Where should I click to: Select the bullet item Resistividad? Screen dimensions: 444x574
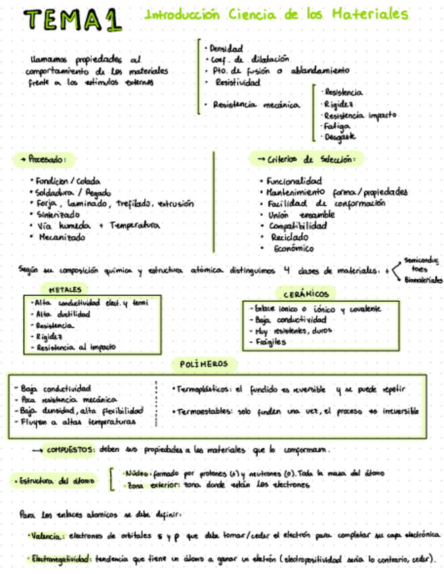[237, 82]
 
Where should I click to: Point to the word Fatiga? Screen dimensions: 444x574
[337, 126]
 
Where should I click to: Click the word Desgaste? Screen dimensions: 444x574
[340, 137]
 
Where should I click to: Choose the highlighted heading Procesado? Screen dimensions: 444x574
[45, 160]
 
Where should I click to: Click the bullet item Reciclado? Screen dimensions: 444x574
[288, 237]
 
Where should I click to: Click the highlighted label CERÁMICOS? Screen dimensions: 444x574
[305, 294]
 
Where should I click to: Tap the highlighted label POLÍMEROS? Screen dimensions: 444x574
[204, 365]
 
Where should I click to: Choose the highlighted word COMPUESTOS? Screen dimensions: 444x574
[71, 449]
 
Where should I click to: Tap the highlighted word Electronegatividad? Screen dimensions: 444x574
[60, 559]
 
